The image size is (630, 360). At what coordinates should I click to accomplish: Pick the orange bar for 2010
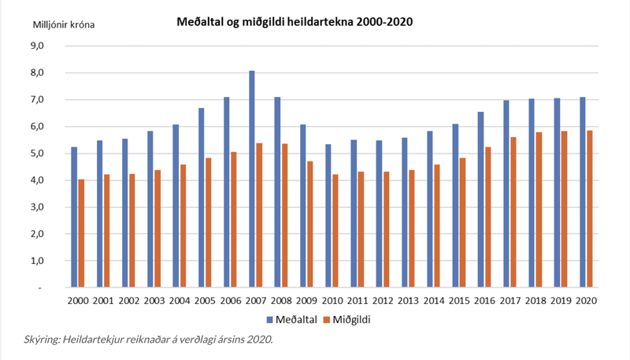pos(334,231)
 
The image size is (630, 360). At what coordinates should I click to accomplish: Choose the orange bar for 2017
pos(513,212)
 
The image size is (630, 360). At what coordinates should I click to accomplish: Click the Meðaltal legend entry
pos(292,319)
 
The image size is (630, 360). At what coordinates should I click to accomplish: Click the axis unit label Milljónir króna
pos(64,24)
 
